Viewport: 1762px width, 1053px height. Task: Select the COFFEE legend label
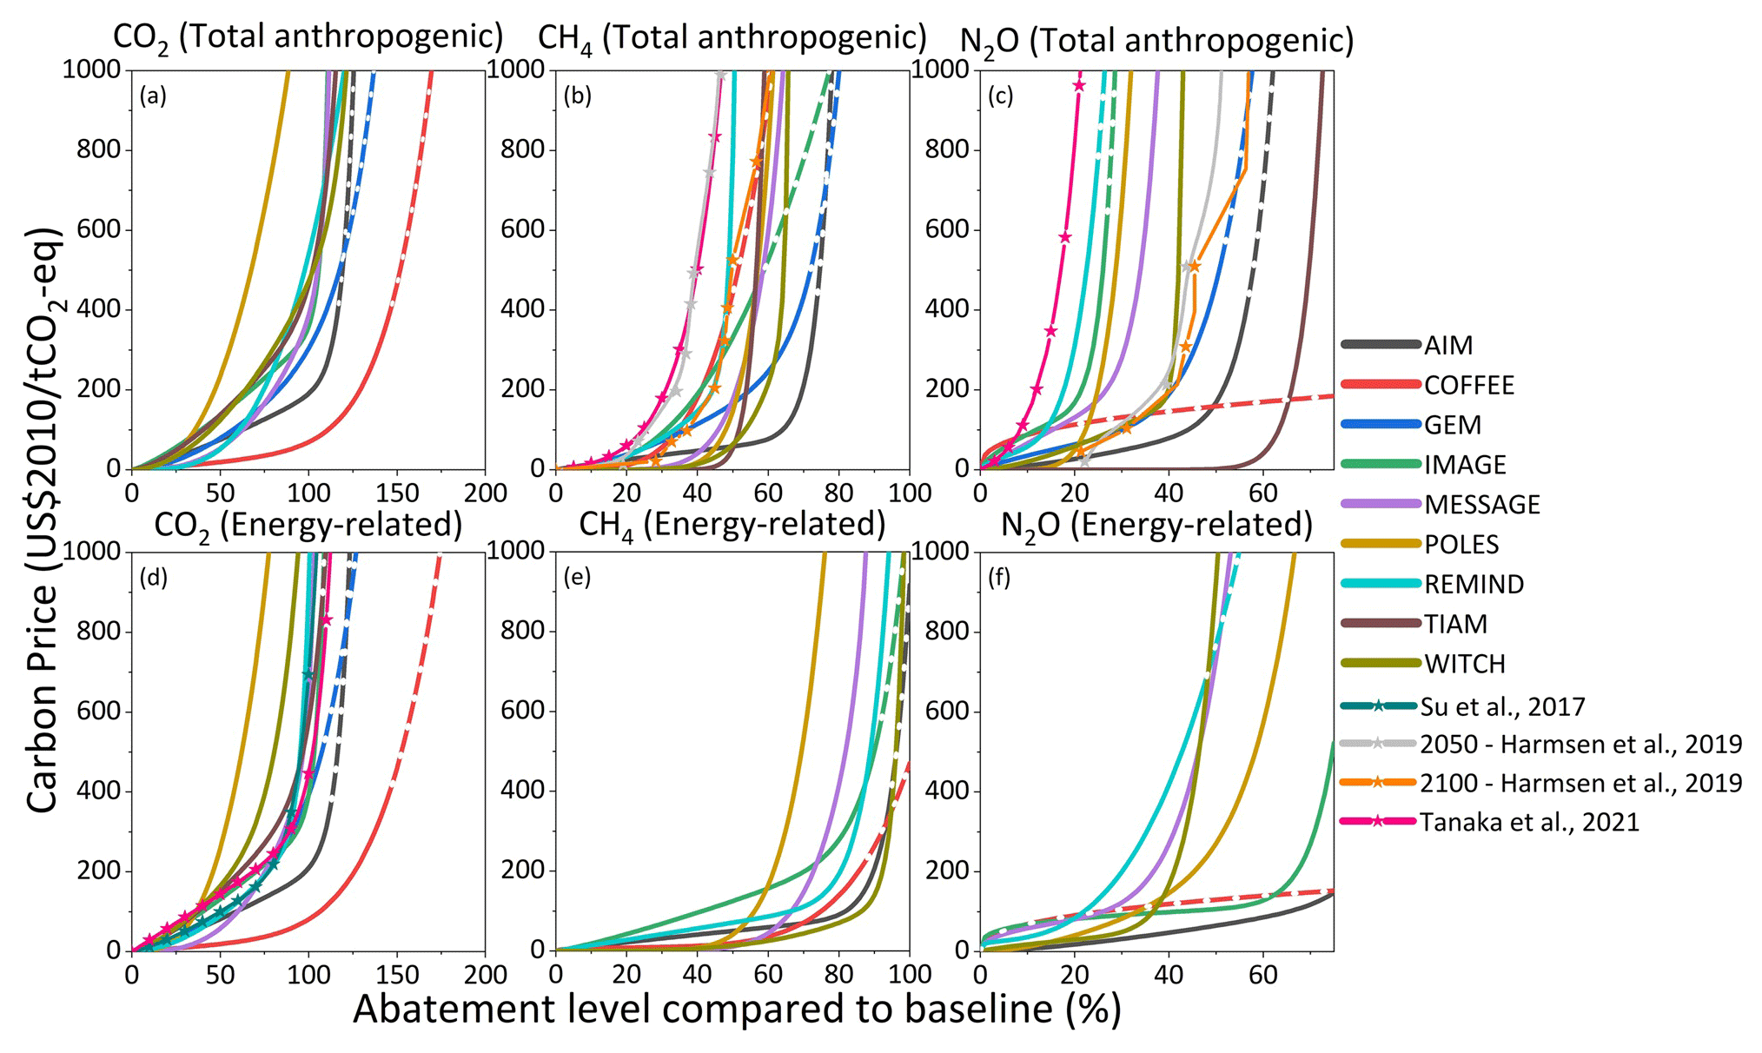point(1468,386)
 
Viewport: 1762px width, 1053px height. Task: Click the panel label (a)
point(153,96)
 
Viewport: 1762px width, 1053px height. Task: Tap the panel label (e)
point(577,578)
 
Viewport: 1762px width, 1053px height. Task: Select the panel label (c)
point(1000,96)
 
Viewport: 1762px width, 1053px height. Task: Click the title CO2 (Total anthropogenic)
point(308,38)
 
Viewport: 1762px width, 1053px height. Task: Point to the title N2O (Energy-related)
point(1156,525)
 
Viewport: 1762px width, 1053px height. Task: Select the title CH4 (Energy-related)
point(732,525)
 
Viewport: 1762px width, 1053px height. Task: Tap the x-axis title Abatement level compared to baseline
point(737,1010)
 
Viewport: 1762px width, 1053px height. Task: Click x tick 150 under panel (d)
point(396,975)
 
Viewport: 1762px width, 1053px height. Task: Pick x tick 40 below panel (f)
point(1169,975)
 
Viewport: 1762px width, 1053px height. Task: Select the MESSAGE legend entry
point(1481,505)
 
